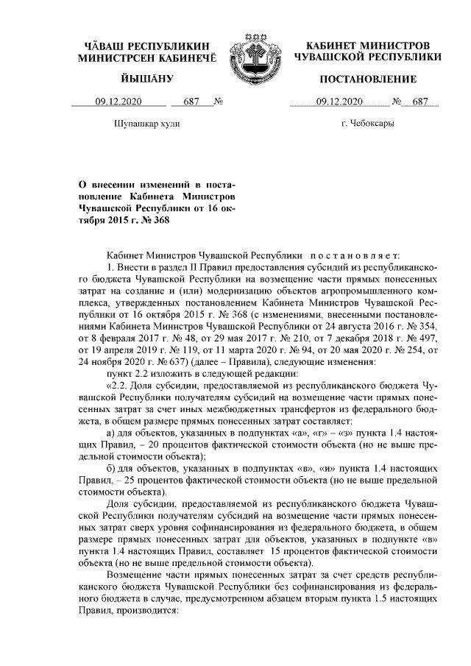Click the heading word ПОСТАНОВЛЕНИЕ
point(367,79)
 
